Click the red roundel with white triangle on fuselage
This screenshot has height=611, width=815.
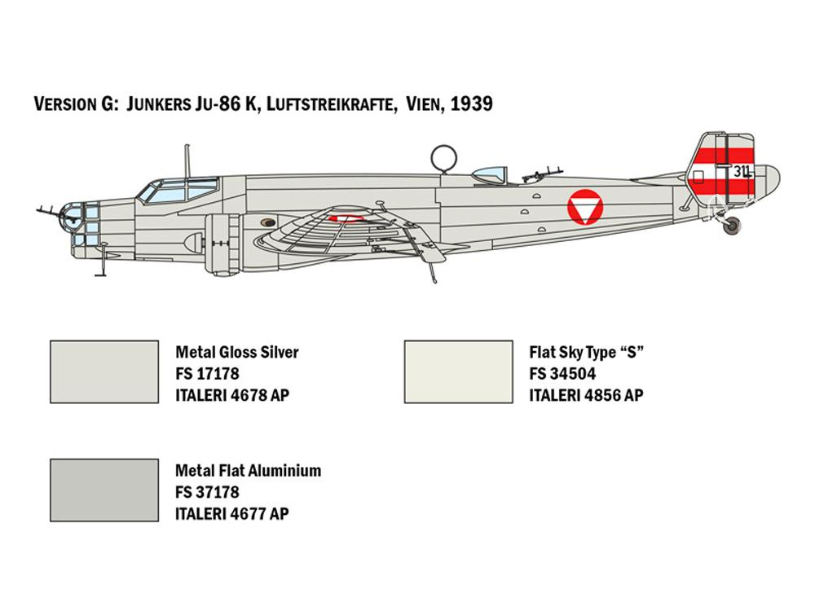585,207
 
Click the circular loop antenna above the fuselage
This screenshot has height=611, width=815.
443,157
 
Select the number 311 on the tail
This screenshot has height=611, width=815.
742,171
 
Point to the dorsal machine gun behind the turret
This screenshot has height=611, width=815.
542,174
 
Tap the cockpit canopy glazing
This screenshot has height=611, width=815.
178,190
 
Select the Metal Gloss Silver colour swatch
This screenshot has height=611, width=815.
104,372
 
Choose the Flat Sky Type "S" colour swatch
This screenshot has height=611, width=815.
458,372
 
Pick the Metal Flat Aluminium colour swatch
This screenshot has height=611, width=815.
104,490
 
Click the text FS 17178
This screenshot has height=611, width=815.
207,374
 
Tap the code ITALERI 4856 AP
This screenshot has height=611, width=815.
586,395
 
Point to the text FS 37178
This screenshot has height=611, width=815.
207,492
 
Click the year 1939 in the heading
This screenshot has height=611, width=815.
471,103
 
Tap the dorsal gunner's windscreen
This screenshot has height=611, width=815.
490,175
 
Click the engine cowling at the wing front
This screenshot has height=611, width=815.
222,244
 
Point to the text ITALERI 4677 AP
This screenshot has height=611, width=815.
231,514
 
